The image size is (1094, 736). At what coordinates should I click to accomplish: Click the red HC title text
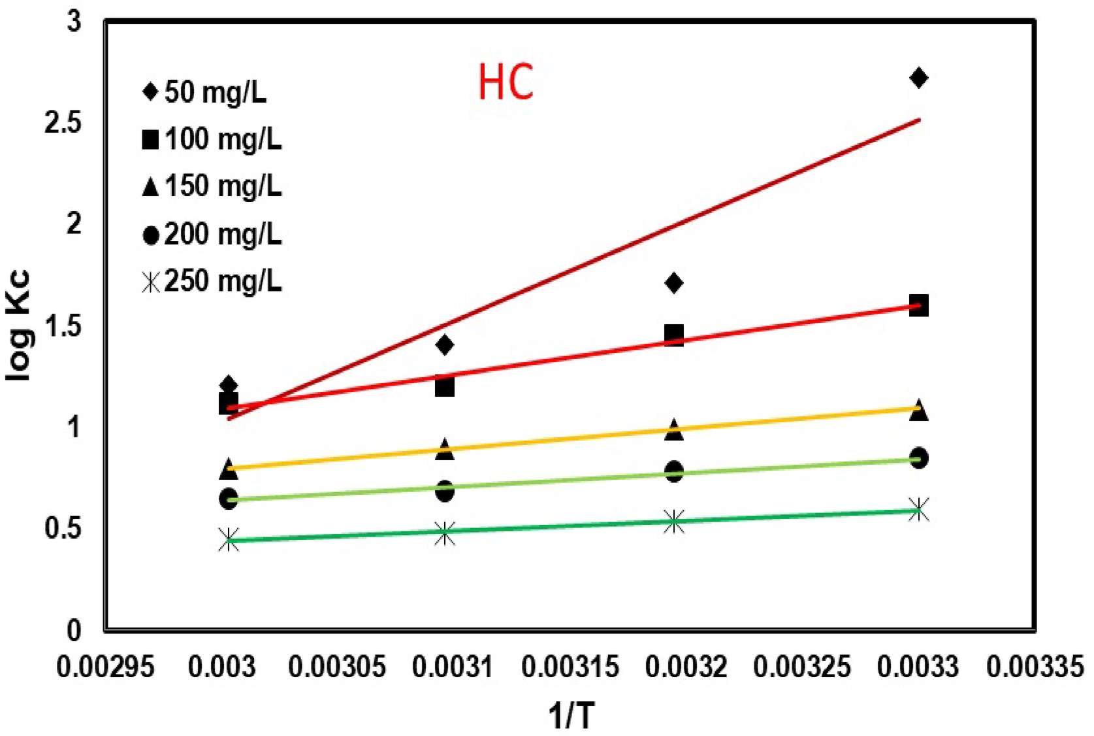click(506, 83)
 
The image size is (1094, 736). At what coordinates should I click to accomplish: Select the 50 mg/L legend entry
click(205, 92)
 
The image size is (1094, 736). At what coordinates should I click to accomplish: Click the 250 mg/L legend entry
click(212, 282)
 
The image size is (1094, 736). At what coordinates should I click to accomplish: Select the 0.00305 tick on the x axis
click(337, 667)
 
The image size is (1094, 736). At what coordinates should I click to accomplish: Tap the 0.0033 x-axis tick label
click(918, 667)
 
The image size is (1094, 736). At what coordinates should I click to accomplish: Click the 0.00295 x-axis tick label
click(105, 667)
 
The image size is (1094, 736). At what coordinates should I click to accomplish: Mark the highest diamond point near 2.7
click(918, 78)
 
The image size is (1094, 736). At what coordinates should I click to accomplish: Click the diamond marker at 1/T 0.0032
click(673, 282)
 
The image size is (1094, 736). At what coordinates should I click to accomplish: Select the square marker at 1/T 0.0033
click(918, 305)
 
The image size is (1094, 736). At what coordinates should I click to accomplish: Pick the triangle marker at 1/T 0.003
click(229, 469)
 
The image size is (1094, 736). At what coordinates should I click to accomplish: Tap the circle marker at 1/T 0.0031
click(444, 491)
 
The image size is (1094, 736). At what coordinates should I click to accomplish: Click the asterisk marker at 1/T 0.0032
click(673, 522)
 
